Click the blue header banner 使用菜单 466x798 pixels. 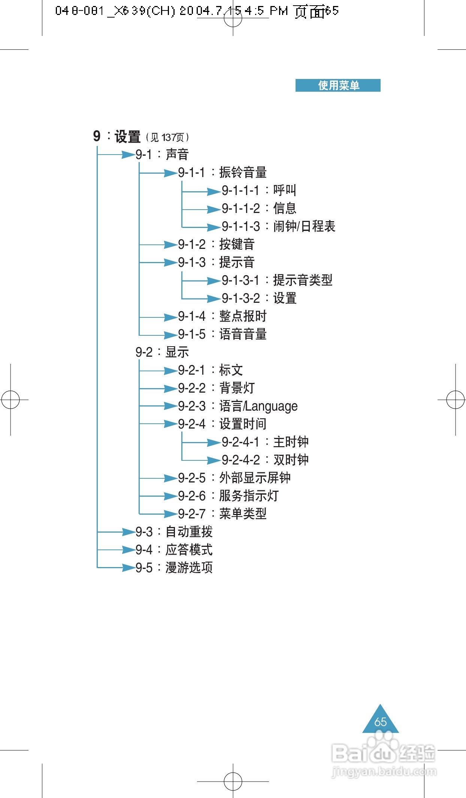coord(338,85)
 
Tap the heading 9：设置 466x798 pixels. coord(117,137)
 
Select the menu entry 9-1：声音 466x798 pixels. coord(162,154)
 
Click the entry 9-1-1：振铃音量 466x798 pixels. coord(222,172)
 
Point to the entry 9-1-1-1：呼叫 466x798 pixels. coord(259,190)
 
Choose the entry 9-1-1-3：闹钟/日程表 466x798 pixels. coord(278,226)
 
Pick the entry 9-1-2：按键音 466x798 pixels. coord(216,244)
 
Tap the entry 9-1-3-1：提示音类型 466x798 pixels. coord(277,280)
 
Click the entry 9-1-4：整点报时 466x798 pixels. coord(222,316)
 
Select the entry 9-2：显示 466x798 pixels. coord(162,352)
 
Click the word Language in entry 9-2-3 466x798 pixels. coord(272,406)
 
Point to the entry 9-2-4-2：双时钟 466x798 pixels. coord(265,460)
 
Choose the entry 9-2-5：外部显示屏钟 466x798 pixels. coord(234,478)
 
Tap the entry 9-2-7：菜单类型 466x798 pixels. coord(222,514)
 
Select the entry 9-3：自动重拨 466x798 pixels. coord(174,532)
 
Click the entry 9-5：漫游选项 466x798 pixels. coord(174,567)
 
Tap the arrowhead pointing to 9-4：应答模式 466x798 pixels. coord(128,549)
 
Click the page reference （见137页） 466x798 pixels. coord(167,137)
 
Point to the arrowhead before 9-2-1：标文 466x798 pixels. coord(170,371)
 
